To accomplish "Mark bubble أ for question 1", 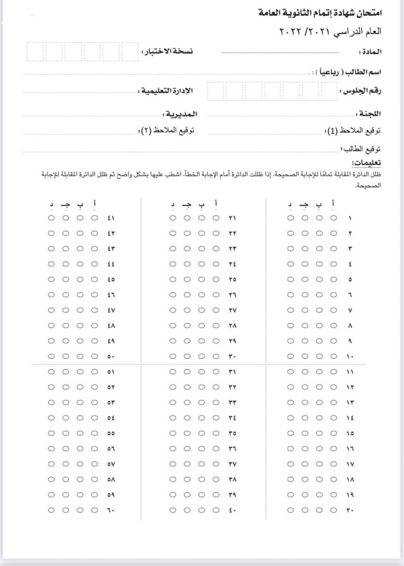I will pos(334,218).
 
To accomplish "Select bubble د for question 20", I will pos(291,510).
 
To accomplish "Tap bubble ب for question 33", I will pos(202,403).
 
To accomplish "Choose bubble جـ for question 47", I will pos(66,310).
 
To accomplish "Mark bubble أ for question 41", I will pos(94,218).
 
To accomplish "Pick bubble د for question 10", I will pos(291,356).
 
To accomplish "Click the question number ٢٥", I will pos(232,280).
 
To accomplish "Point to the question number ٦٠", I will pos(111,510).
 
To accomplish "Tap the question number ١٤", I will pos(350,418).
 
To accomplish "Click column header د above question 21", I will pos(173,205).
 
